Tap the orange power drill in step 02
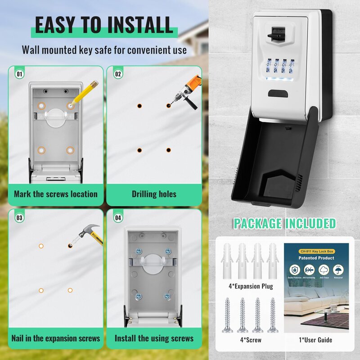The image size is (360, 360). pos(185,95)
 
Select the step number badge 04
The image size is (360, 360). pos(118,218)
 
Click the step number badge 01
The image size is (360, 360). pos(19,73)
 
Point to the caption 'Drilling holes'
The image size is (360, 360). pos(154,194)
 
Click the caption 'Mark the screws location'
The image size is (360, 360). pos(56,194)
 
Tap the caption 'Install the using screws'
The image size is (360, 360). pos(154,338)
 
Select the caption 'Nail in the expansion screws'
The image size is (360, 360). pos(56,338)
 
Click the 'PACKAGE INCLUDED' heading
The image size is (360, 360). pos(284,223)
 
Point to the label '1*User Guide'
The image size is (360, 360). pos(316,340)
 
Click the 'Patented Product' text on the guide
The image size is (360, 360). pos(316,258)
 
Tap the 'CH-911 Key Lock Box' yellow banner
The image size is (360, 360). pos(316,250)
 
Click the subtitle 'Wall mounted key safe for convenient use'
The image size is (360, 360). pos(104,49)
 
